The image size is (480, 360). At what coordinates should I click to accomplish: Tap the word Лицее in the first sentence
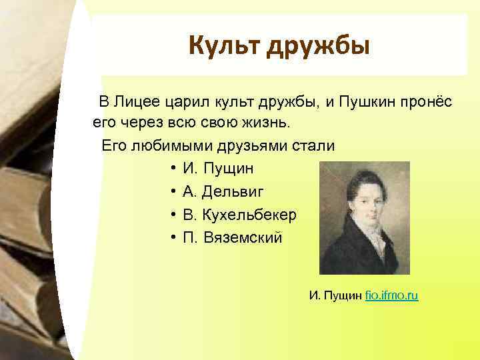click(135, 102)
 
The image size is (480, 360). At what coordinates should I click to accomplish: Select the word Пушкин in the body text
click(363, 102)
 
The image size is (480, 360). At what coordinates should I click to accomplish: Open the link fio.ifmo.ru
click(392, 295)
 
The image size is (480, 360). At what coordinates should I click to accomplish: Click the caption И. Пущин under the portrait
click(335, 295)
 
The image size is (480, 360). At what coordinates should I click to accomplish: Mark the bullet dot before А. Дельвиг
click(172, 192)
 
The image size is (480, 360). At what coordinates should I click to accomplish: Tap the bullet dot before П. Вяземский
click(172, 237)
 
